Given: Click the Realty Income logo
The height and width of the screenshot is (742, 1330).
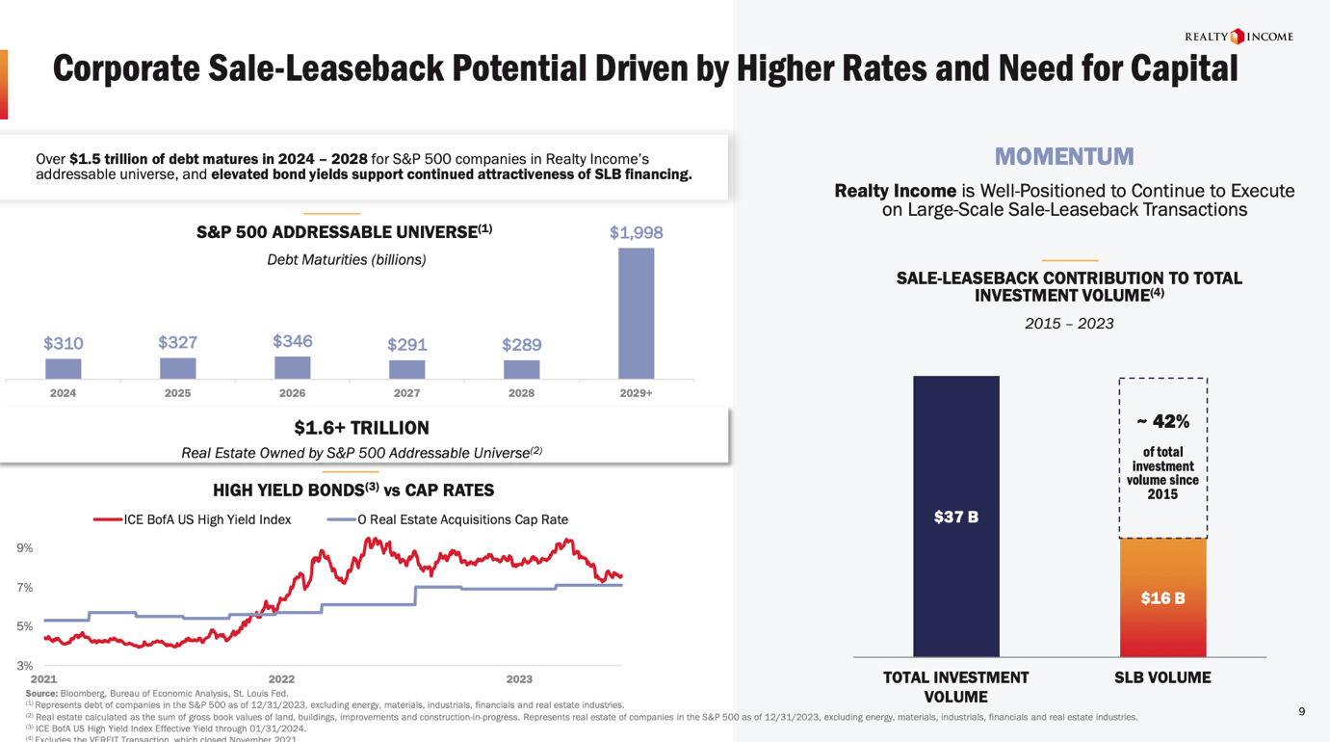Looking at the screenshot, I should (1239, 37).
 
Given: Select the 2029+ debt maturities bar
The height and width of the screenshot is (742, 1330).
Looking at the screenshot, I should (636, 313).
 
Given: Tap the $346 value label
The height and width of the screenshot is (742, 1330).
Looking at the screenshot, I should (292, 341).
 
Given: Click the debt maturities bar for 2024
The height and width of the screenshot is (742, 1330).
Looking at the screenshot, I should (64, 368).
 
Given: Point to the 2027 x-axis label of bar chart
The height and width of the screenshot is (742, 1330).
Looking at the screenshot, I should (406, 393).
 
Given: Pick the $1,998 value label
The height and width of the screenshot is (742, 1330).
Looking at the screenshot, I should (636, 232).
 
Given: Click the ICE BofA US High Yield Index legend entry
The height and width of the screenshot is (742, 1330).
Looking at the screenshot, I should (193, 519).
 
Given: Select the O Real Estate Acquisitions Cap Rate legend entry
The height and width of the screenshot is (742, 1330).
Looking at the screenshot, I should (449, 519).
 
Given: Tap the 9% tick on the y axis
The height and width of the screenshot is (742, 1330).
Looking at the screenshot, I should (25, 548).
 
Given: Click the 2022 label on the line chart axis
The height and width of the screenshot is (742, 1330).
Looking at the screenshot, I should (281, 679).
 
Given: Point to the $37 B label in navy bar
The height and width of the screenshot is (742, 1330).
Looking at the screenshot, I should (955, 517).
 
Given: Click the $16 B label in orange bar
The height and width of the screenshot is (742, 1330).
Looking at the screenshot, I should (1162, 598).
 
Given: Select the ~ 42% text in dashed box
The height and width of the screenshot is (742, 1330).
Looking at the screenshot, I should (1162, 421).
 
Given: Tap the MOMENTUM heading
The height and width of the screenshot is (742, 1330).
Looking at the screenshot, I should (1064, 156).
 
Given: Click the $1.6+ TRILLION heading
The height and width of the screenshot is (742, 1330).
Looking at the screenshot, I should (361, 428).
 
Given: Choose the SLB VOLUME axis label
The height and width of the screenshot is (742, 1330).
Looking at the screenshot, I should (1162, 677).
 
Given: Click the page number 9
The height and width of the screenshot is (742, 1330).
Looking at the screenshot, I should (1302, 712).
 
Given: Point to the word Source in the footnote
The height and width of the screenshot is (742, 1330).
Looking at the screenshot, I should (41, 694).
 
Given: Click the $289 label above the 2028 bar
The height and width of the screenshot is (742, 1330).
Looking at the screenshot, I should (521, 344).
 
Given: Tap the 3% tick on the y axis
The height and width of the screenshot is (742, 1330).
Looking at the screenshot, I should (25, 666).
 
